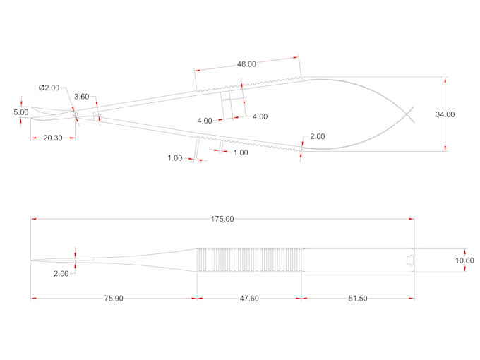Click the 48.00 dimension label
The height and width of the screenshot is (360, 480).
point(246,64)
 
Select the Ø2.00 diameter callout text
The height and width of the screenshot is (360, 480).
point(49,88)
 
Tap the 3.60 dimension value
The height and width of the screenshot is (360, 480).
point(82,97)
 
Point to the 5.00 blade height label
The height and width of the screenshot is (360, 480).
point(20,112)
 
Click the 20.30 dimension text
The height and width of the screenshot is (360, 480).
point(53,138)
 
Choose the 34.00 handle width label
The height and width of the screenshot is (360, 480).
point(445,114)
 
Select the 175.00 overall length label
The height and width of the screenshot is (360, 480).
point(222,220)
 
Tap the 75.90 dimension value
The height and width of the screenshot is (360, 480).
point(114,299)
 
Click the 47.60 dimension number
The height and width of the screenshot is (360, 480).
point(249,299)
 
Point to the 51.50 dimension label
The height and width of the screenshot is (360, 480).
point(358,299)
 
